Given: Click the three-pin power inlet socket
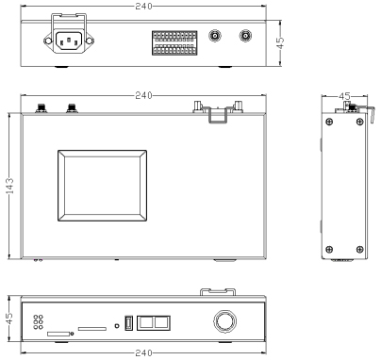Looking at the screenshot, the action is tap(69, 41).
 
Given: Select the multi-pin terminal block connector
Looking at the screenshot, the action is tap(174, 42).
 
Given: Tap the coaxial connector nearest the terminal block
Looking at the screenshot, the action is tap(215, 36).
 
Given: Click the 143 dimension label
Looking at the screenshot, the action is tap(10, 186).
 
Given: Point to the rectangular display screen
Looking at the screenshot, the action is tap(102, 186).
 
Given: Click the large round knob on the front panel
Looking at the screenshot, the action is tap(224, 321).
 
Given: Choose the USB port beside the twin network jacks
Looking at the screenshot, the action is tap(128, 322).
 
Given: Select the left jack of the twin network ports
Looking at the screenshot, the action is tap(145, 323).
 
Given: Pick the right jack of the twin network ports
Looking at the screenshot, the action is tap(162, 323).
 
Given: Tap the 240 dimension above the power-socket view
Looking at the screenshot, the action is tap(143, 6).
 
